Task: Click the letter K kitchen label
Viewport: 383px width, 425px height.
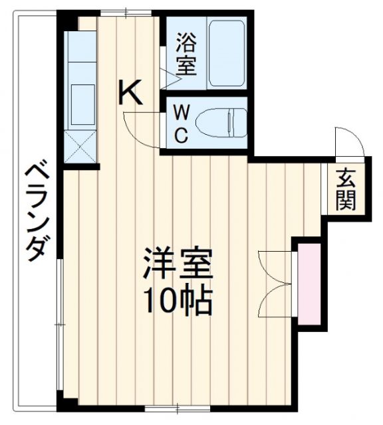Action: tap(131, 93)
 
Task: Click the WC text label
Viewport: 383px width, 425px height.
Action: tap(180, 124)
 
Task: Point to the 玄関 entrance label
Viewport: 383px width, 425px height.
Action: tap(345, 189)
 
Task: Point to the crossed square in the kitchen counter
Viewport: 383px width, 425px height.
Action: tap(80, 147)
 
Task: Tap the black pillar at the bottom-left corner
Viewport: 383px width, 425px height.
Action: tap(65, 402)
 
